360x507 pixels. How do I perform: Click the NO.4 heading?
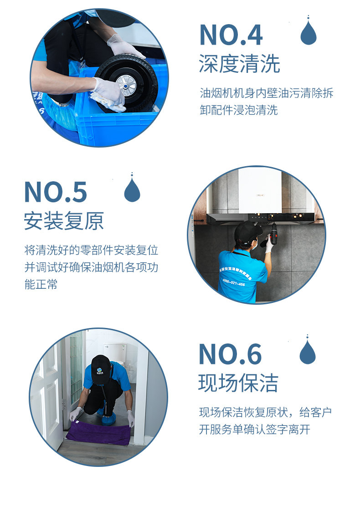pos(231,35)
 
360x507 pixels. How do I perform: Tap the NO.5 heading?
pos(56,192)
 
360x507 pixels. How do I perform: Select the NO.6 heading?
pos(230,354)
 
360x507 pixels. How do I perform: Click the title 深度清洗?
pos(239,64)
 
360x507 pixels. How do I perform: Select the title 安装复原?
pos(64,221)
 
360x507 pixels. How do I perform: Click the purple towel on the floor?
pos(98,433)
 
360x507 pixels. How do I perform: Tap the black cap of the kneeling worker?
pos(101,369)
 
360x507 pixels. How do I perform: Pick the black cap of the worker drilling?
pos(247,231)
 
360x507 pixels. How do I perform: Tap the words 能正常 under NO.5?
pos(41,284)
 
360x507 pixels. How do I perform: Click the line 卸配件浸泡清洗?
pos(239,110)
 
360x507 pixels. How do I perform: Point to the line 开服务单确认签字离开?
pos(255,430)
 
